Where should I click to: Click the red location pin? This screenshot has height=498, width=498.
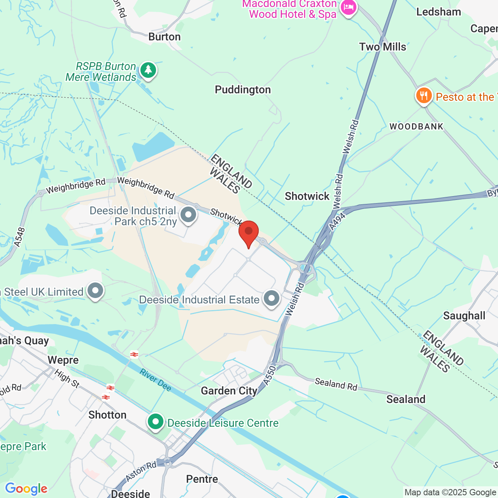click(x=249, y=232)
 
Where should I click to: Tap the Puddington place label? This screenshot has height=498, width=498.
click(x=243, y=90)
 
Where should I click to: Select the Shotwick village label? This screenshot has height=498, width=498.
click(x=307, y=196)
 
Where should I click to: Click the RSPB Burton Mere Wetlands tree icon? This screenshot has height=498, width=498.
click(x=148, y=70)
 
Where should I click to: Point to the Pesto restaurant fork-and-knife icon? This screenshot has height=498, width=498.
click(x=424, y=96)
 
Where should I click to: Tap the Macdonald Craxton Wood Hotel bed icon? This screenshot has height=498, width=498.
click(x=348, y=7)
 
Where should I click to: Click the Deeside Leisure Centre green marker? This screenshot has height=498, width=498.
click(x=156, y=422)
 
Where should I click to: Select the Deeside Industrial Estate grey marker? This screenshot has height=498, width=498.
click(x=271, y=298)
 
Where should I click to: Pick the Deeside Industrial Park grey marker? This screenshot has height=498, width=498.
click(x=189, y=214)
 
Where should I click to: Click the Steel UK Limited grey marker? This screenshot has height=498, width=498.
click(x=95, y=291)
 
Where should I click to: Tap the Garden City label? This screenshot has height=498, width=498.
click(x=229, y=391)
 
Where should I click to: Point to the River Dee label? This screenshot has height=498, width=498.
click(x=156, y=380)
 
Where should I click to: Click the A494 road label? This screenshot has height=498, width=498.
click(x=337, y=221)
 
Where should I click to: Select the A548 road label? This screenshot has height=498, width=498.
click(x=19, y=237)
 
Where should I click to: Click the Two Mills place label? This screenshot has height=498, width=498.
click(x=382, y=47)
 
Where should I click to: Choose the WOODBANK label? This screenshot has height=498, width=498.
click(x=416, y=126)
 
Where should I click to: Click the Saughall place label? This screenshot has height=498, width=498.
click(x=464, y=316)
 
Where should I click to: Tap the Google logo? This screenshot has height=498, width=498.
click(x=26, y=489)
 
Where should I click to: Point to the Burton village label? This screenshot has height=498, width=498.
click(x=165, y=37)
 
